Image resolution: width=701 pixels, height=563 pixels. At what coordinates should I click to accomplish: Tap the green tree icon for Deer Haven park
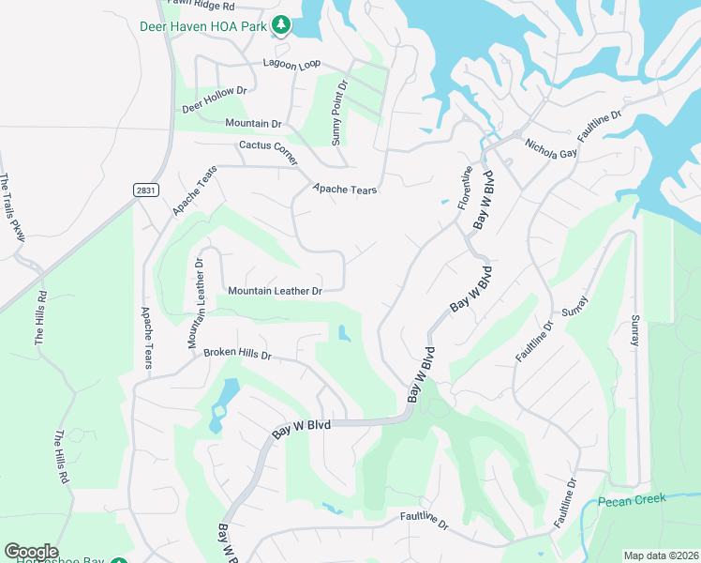(279, 24)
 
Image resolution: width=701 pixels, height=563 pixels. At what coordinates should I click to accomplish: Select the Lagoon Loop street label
(291, 64)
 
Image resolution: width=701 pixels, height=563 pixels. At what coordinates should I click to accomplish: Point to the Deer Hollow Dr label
(214, 99)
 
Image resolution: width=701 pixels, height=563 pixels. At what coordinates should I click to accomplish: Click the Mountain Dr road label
(253, 124)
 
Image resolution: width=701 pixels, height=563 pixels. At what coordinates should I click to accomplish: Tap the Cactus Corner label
(269, 146)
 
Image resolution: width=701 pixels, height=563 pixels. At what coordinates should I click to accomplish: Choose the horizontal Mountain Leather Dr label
(276, 292)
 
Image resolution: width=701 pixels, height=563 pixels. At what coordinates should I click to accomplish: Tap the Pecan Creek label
(632, 499)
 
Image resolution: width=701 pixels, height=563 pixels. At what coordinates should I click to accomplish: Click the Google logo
(31, 552)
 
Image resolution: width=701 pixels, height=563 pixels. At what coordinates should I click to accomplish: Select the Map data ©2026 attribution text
(660, 555)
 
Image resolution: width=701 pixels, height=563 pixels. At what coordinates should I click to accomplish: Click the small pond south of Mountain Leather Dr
(343, 332)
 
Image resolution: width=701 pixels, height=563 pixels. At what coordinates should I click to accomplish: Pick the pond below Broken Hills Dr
(223, 401)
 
